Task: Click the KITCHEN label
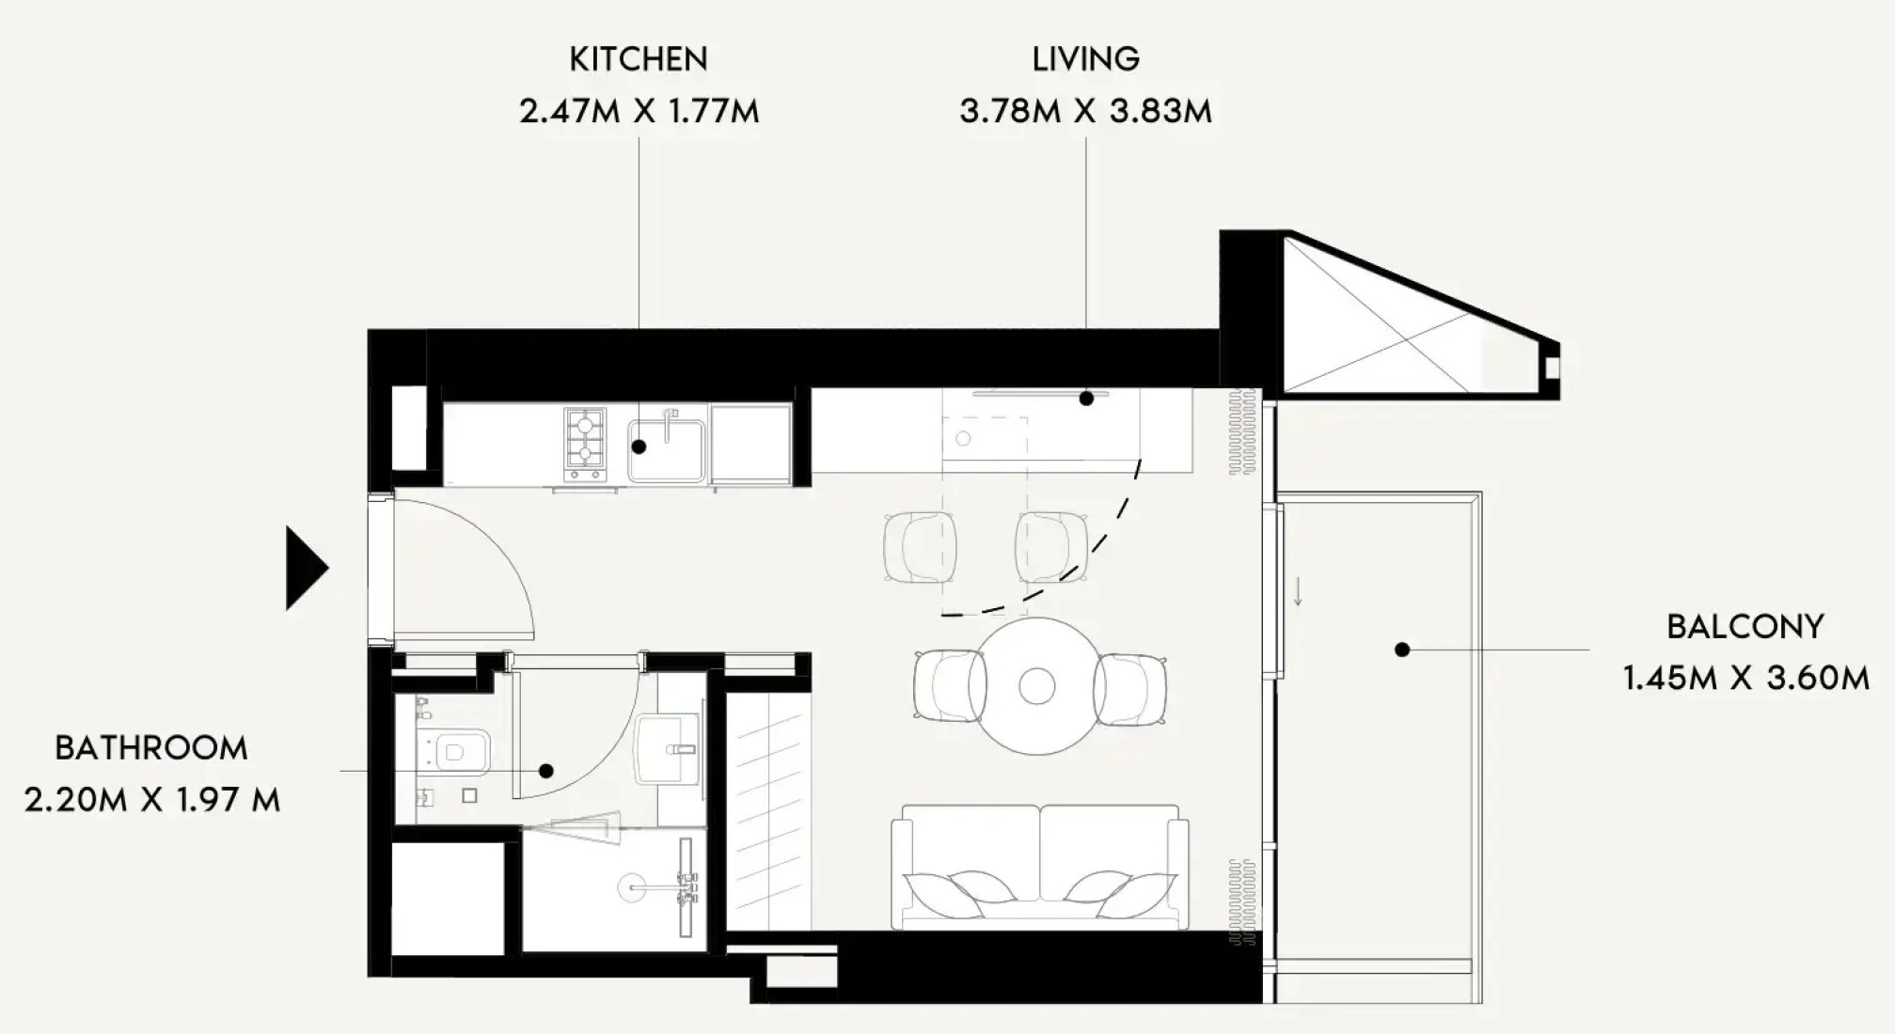639,59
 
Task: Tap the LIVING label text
1086,59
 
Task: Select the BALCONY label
1745,627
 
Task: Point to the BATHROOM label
151,748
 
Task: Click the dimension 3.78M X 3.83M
1086,111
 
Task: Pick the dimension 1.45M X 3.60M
1746,678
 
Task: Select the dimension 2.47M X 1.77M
640,111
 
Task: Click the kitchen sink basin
667,449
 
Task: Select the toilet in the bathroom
457,752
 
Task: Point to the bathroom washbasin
668,749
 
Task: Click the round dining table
1037,686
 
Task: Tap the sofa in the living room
1039,867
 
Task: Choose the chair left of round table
950,686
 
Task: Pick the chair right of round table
1130,689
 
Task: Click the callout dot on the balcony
1402,650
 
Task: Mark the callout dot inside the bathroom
546,771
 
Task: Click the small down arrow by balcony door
1298,591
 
